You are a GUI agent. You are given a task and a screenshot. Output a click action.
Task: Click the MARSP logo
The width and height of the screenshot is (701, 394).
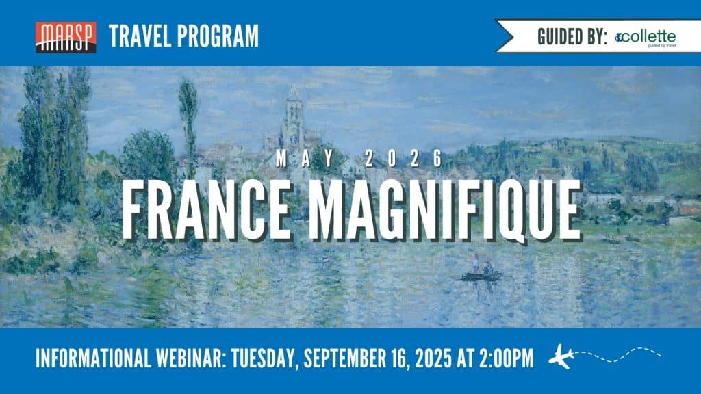coord(66,38)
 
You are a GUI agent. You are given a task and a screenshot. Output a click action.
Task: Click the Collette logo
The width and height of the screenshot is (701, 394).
coord(645,38)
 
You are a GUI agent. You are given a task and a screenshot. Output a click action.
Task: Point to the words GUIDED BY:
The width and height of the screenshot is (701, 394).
coord(572,37)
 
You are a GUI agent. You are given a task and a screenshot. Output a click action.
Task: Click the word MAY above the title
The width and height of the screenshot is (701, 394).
coord(305,159)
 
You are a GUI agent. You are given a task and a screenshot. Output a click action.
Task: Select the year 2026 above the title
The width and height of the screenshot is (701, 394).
coord(404,159)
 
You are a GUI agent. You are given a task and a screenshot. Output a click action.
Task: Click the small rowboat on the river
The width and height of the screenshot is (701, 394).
coord(482,276)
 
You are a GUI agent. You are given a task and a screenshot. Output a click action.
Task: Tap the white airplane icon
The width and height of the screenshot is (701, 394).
coord(561,356)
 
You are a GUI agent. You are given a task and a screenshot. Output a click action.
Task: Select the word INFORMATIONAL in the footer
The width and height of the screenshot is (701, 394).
coord(93,358)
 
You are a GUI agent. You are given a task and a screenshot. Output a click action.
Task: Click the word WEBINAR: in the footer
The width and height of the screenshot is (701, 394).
coord(191,358)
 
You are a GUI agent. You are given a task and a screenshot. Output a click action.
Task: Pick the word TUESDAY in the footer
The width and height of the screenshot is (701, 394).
coord(265,359)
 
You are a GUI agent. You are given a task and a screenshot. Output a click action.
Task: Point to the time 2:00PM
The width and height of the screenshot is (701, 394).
coord(507,358)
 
